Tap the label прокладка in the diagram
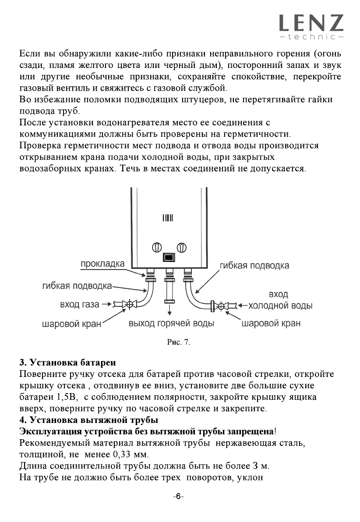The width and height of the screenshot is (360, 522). [102, 264]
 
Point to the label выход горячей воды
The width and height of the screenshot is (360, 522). [171, 324]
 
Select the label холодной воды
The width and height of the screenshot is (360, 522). [280, 305]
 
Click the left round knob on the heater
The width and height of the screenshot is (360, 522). [157, 247]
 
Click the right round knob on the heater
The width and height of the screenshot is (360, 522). [182, 247]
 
